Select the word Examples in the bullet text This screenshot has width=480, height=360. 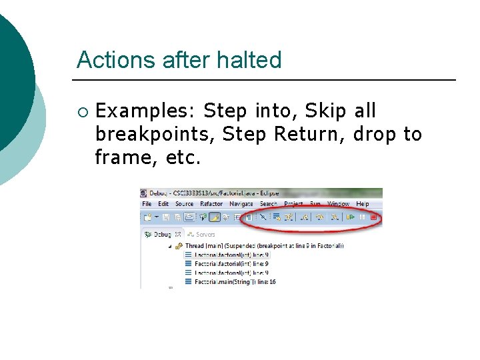pos(146,111)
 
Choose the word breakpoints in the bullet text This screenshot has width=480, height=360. pos(155,134)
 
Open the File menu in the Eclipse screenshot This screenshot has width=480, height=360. pos(147,204)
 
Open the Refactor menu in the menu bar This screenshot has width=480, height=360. pos(211,204)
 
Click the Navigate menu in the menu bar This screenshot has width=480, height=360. pos(241,204)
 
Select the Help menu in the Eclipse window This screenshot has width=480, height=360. pos(363,204)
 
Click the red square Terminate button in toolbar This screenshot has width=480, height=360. pos(374,217)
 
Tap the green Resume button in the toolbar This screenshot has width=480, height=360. pos(350,217)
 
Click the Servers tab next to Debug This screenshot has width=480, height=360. pos(205,235)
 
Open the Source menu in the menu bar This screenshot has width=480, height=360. pos(184,204)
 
